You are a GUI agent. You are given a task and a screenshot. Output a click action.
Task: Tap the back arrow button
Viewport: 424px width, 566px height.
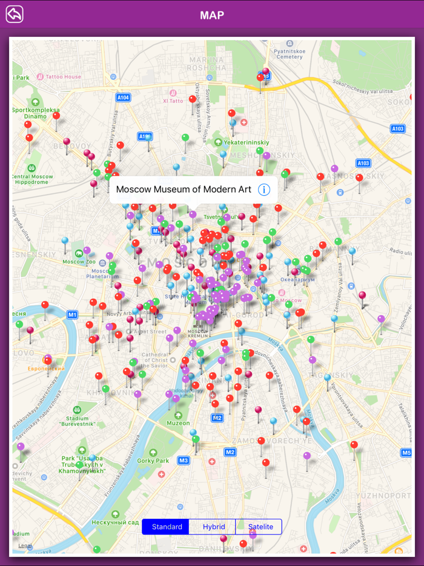pyautogui.click(x=15, y=14)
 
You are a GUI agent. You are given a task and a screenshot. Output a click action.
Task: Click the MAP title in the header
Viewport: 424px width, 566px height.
pyautogui.click(x=212, y=15)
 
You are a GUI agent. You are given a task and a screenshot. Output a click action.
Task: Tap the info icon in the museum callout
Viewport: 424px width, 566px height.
pyautogui.click(x=263, y=190)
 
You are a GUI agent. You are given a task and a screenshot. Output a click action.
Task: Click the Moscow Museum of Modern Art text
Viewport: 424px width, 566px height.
pyautogui.click(x=184, y=190)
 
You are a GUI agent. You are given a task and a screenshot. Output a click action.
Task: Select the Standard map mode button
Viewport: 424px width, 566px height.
pyautogui.click(x=166, y=527)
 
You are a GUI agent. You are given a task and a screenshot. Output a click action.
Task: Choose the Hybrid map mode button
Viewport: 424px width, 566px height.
pyautogui.click(x=214, y=527)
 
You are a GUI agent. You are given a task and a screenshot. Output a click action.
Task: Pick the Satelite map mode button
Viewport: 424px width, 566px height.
pyautogui.click(x=260, y=527)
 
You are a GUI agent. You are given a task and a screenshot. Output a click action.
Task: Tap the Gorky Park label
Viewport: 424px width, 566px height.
pyautogui.click(x=153, y=461)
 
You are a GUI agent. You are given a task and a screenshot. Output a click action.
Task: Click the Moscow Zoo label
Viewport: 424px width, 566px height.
pyautogui.click(x=73, y=262)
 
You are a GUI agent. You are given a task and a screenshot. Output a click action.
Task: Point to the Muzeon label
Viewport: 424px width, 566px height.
pyautogui.click(x=178, y=423)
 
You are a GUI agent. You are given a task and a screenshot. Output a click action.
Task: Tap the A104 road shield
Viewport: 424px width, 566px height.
pyautogui.click(x=123, y=97)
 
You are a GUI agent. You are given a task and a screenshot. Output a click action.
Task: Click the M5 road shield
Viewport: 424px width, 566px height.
pyautogui.click(x=406, y=453)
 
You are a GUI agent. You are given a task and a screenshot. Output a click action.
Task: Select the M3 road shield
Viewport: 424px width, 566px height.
pyautogui.click(x=184, y=461)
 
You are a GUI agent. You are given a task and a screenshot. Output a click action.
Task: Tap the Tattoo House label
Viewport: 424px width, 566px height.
pyautogui.click(x=63, y=77)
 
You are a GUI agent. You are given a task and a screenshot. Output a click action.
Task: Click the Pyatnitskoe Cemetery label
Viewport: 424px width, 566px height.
pyautogui.click(x=289, y=53)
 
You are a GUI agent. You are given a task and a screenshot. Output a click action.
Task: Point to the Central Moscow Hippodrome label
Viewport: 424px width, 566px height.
pyautogui.click(x=32, y=179)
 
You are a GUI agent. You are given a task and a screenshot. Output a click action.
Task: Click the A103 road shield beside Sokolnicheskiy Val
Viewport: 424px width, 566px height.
pyautogui.click(x=398, y=128)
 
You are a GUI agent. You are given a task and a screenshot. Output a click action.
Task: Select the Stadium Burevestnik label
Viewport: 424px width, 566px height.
pyautogui.click(x=77, y=421)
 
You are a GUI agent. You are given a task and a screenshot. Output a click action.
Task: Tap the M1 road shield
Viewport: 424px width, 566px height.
pyautogui.click(x=73, y=315)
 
